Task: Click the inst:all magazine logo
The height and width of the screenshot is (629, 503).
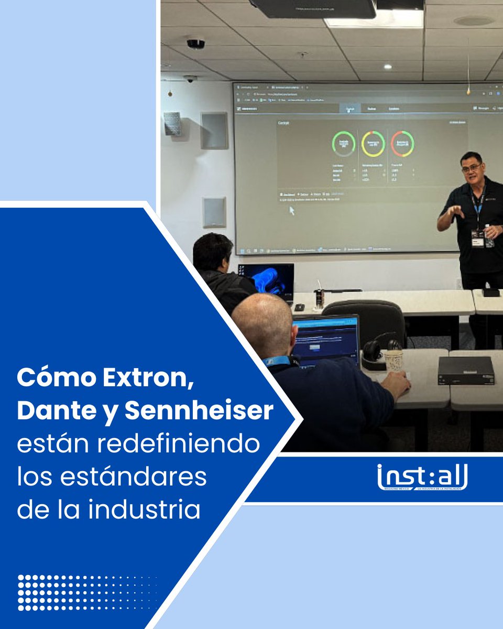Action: (422, 478)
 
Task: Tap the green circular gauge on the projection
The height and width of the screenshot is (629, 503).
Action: (344, 144)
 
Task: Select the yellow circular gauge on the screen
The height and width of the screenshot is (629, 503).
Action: (373, 144)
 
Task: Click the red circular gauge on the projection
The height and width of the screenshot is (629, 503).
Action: (402, 144)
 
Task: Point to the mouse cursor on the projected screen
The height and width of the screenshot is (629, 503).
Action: (292, 210)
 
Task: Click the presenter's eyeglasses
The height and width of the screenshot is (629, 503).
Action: (471, 168)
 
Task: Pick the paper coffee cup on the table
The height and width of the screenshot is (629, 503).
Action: (393, 360)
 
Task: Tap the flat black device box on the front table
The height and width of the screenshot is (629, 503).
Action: (466, 371)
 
